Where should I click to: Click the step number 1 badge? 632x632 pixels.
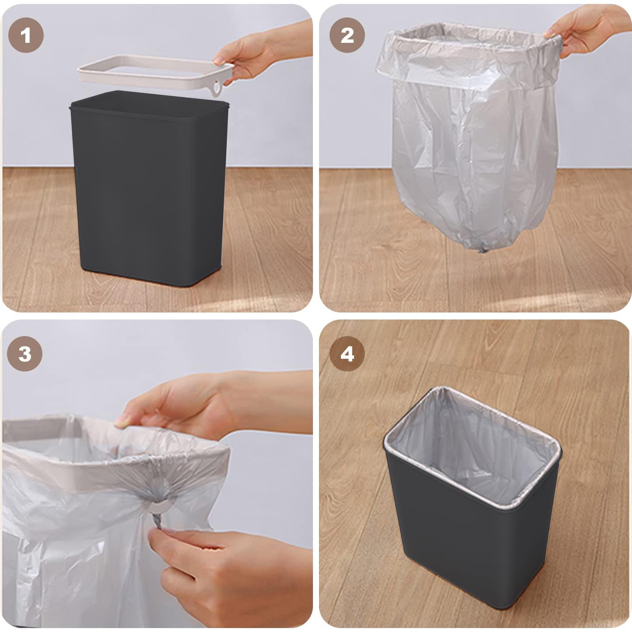click(26, 35)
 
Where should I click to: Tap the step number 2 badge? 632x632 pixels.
click(347, 35)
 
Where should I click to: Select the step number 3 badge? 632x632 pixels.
click(25, 354)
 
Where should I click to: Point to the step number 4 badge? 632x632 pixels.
click(347, 354)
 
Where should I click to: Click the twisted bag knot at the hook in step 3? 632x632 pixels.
click(158, 516)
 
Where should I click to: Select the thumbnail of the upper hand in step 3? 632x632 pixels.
click(121, 422)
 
